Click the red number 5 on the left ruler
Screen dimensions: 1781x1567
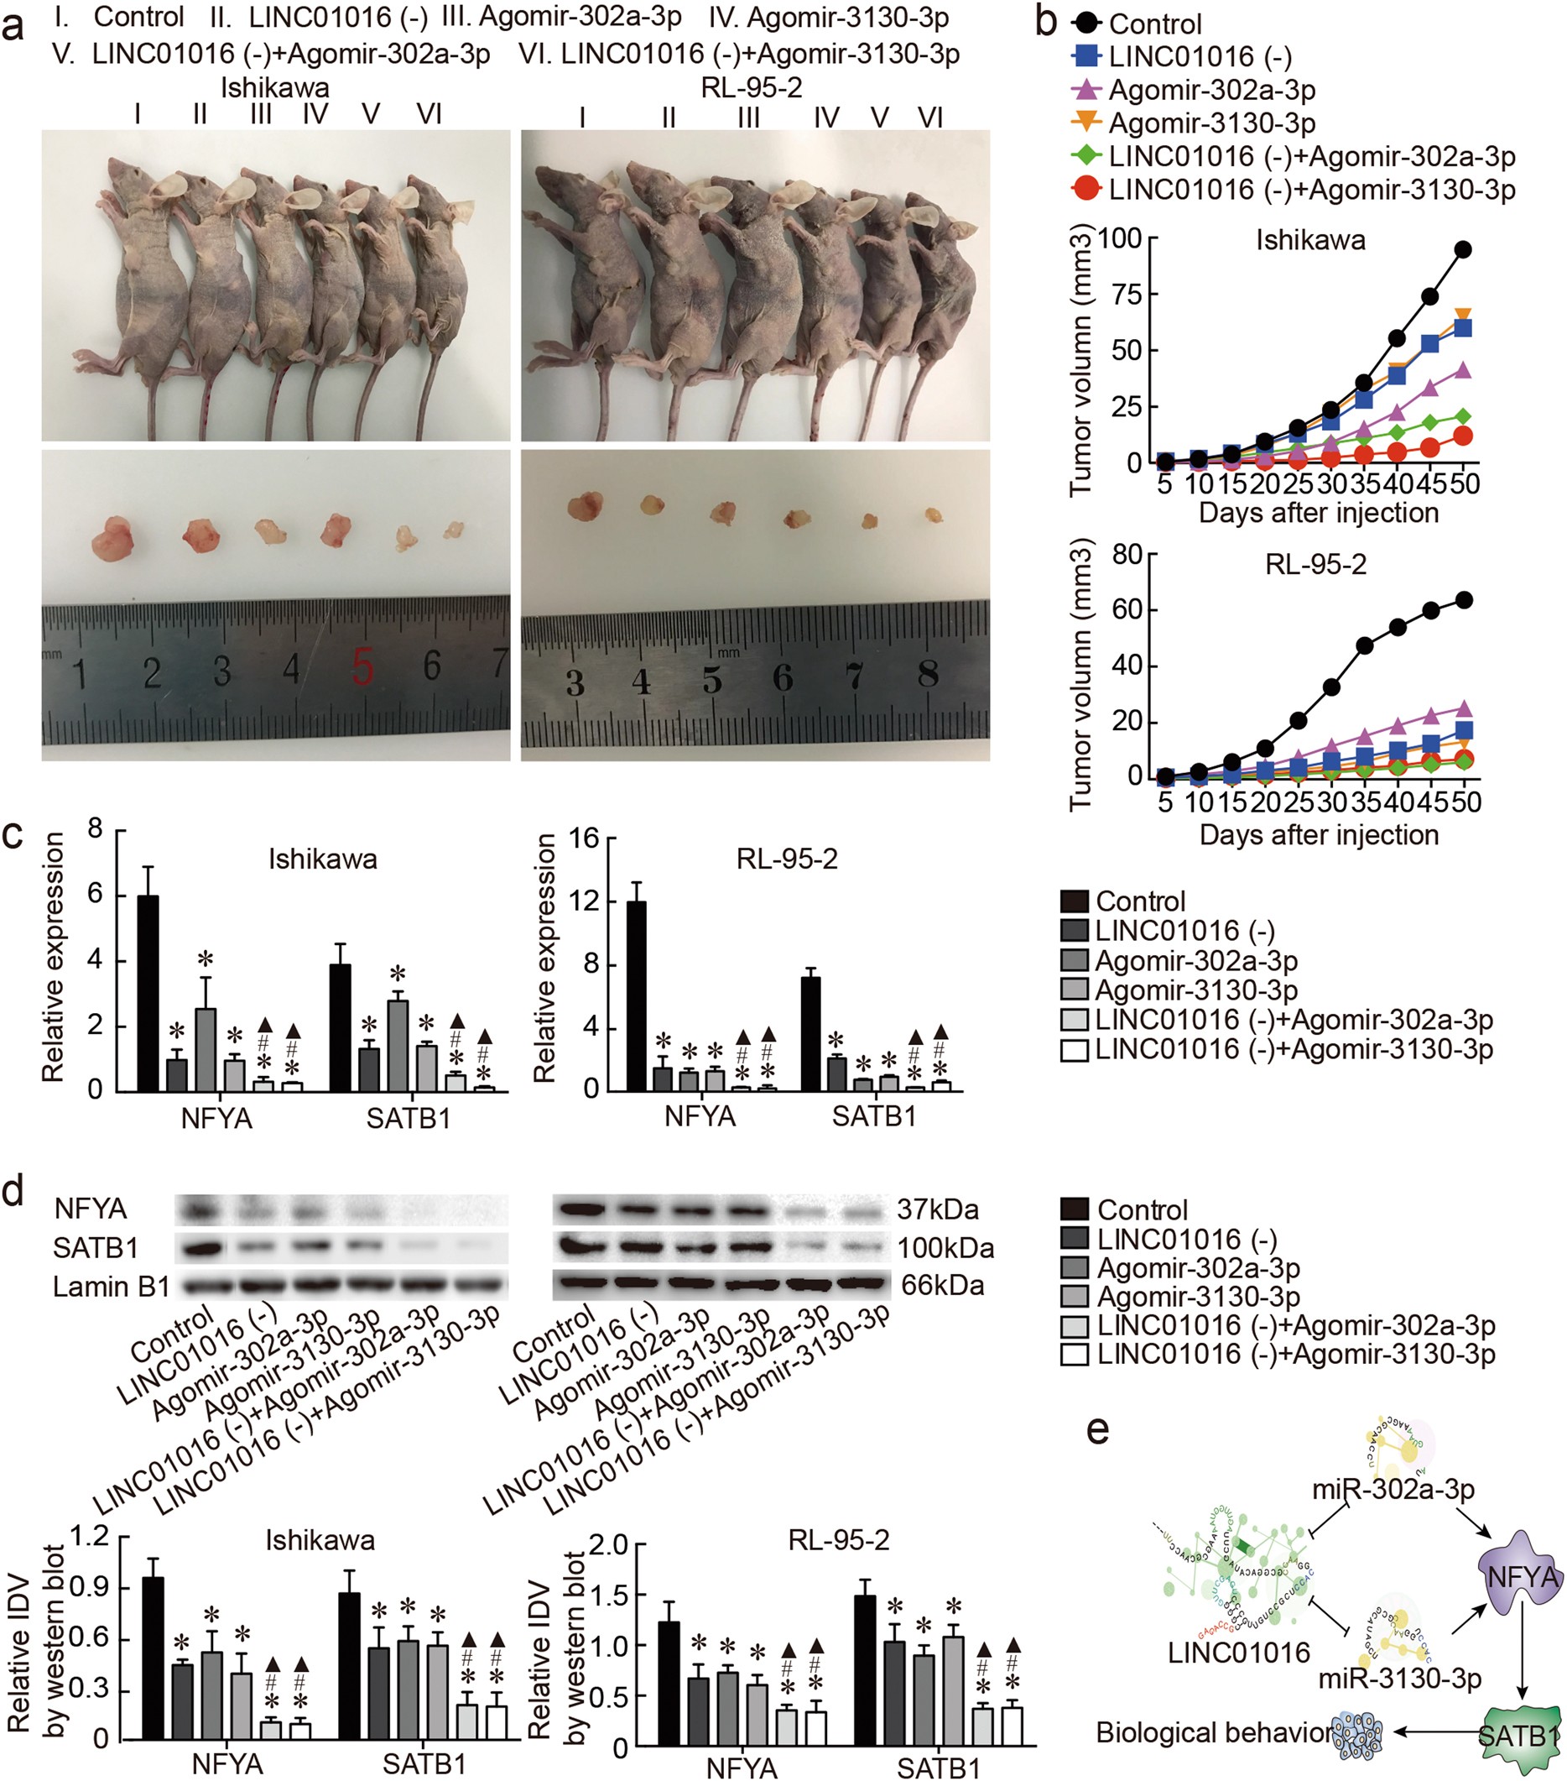point(363,669)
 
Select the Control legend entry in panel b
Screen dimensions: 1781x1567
point(1155,24)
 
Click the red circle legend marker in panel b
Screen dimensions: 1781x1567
point(1086,189)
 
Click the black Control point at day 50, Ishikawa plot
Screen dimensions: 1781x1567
point(1463,249)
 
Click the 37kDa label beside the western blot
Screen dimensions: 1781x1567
point(937,1209)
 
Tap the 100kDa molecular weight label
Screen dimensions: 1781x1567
point(945,1248)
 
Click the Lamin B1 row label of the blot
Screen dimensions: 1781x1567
point(111,1286)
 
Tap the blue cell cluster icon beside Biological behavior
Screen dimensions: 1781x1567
point(1357,1733)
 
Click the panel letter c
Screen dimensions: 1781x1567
point(13,834)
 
